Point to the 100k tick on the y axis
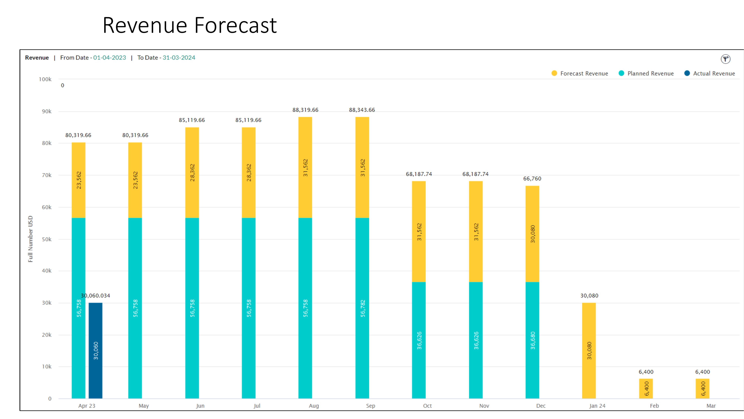coord(45,79)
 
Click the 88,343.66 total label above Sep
coord(362,110)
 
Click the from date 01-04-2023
coord(110,58)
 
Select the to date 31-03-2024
coord(179,58)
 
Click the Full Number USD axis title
coord(30,239)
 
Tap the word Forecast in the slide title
coord(235,26)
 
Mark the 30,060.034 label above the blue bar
coord(95,296)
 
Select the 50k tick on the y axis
coord(46,239)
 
